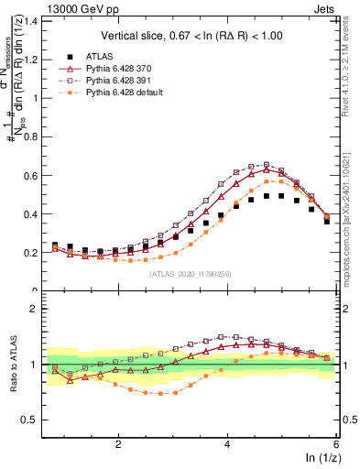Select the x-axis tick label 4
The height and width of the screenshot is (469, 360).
(227, 443)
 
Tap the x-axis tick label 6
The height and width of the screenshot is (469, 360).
(336, 443)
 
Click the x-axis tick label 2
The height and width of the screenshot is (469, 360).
(118, 443)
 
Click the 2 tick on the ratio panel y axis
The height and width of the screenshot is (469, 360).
(38, 309)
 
